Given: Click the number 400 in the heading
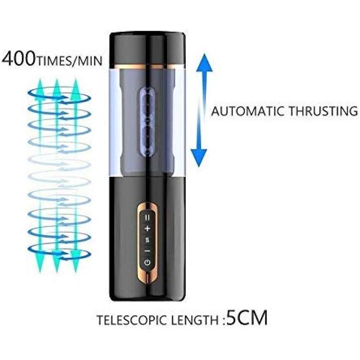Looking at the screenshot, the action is coord(19,59).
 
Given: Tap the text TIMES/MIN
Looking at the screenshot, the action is coord(69,61).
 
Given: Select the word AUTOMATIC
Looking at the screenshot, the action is coord(248,111).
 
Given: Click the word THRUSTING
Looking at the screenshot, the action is coord(323,111).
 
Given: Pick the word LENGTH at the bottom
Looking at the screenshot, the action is coord(195,320).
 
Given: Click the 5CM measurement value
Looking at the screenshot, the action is coord(247,318).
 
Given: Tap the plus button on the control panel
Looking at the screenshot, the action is coord(147,228).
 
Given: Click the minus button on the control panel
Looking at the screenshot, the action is coord(147,251).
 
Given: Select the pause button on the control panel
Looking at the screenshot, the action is coord(147,217).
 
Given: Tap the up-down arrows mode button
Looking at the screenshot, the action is coord(147,240).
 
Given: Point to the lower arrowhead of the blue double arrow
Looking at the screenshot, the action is coord(199,158).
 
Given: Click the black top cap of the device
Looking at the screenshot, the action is coord(147,48).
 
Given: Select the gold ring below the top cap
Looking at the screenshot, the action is coord(147,67).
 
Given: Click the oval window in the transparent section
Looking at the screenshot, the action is coord(147,122).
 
